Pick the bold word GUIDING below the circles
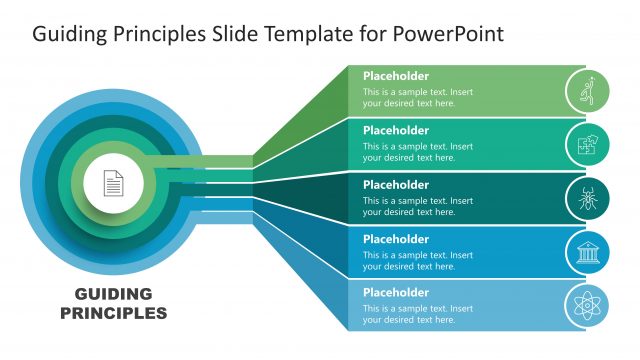point(113,294)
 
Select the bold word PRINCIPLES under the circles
point(113,312)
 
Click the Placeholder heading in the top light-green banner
point(395,76)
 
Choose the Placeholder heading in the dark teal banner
point(395,185)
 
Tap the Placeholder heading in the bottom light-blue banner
point(395,293)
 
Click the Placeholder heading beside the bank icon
point(395,239)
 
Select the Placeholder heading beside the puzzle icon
point(395,130)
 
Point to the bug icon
point(587,198)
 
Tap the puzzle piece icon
point(587,144)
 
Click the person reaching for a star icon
point(587,90)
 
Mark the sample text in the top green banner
point(417,97)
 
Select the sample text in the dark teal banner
point(417,206)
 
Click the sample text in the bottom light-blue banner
point(417,314)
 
